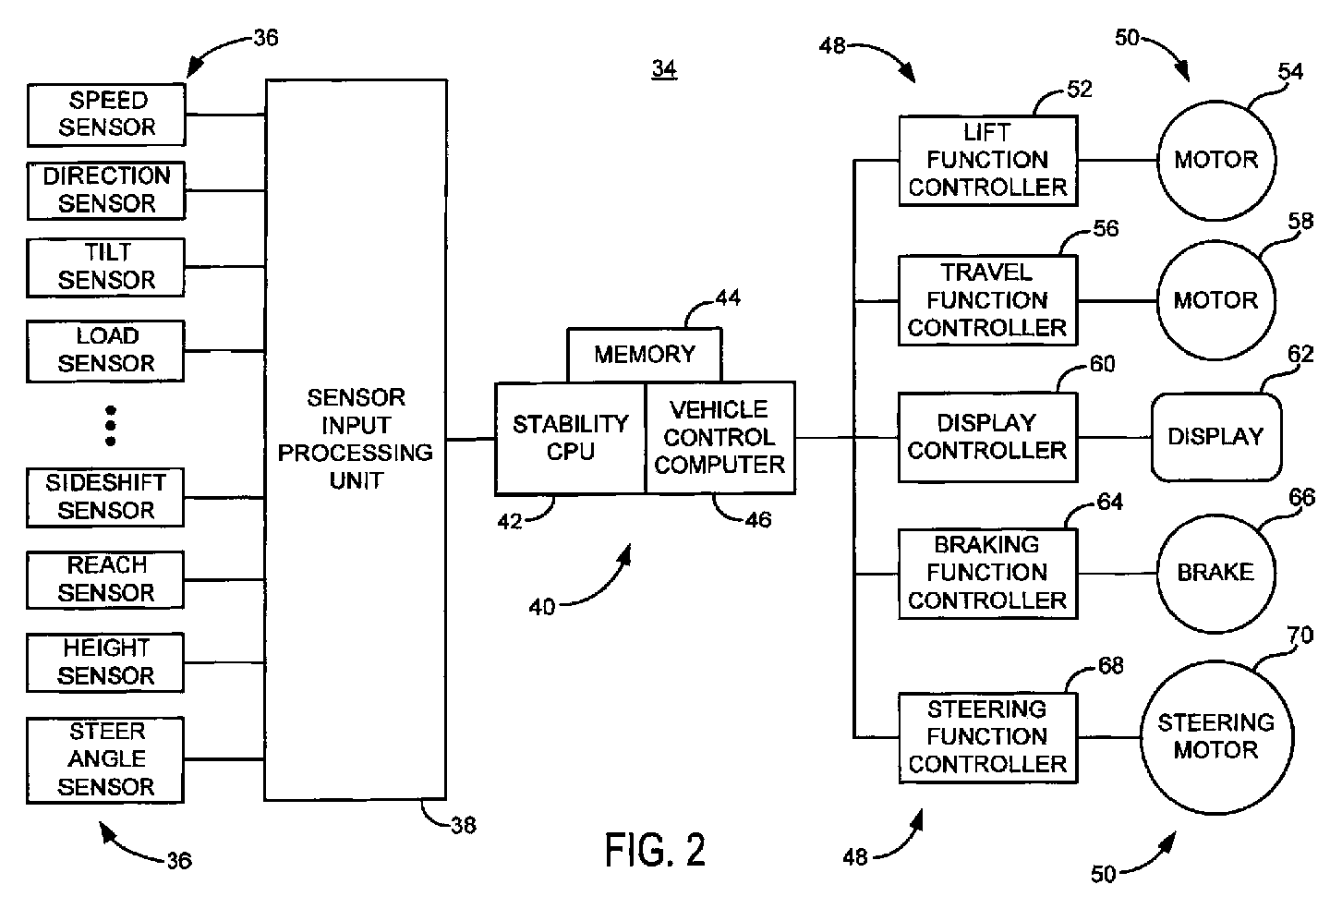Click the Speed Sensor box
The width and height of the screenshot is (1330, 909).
click(x=106, y=115)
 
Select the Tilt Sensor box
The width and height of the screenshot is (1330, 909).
click(x=106, y=267)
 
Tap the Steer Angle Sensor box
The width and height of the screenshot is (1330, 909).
click(x=106, y=759)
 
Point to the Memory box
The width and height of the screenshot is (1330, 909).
click(x=644, y=355)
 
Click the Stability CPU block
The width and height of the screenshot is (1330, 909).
click(x=570, y=438)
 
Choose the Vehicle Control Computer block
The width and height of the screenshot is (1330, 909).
click(x=719, y=438)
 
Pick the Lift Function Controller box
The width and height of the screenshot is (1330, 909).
click(x=987, y=161)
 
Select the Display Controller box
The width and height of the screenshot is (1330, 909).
click(x=987, y=437)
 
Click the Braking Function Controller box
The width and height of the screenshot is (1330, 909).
click(x=987, y=573)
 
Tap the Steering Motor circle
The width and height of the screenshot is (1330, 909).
click(x=1215, y=736)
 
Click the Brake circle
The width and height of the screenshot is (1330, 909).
click(x=1215, y=573)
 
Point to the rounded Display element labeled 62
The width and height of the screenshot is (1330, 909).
click(x=1215, y=437)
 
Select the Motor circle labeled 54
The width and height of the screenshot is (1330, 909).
click(x=1215, y=160)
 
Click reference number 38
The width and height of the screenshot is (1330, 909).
click(x=463, y=825)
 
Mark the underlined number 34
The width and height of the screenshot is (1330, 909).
click(x=664, y=69)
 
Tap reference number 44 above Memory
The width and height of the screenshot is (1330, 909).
click(x=728, y=298)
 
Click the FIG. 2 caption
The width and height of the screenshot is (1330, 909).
click(x=655, y=850)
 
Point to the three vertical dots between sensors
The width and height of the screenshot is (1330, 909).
click(x=111, y=425)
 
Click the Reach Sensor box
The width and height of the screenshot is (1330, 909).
click(x=106, y=579)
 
